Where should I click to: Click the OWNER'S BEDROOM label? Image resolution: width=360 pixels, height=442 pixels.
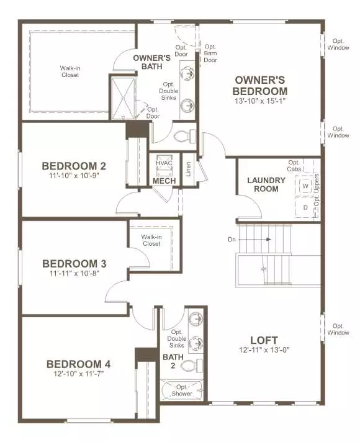260,86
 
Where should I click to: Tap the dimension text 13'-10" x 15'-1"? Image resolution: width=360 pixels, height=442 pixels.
260,101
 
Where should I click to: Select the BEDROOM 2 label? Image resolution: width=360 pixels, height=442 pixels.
74,166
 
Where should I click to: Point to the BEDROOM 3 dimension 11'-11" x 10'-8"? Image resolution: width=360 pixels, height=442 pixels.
74,273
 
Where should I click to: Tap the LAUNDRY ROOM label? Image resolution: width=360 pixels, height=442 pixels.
266,184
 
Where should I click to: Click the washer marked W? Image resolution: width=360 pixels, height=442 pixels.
305,186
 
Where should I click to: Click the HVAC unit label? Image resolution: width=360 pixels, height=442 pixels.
164,163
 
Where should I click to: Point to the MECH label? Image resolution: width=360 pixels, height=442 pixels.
164,181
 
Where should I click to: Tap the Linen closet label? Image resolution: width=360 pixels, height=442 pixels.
188,168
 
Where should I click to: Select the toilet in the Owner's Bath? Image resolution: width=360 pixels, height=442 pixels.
183,135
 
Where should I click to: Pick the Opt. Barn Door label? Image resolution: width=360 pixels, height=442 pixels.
210,53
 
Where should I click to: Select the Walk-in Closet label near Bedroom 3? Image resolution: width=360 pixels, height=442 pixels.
150,240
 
